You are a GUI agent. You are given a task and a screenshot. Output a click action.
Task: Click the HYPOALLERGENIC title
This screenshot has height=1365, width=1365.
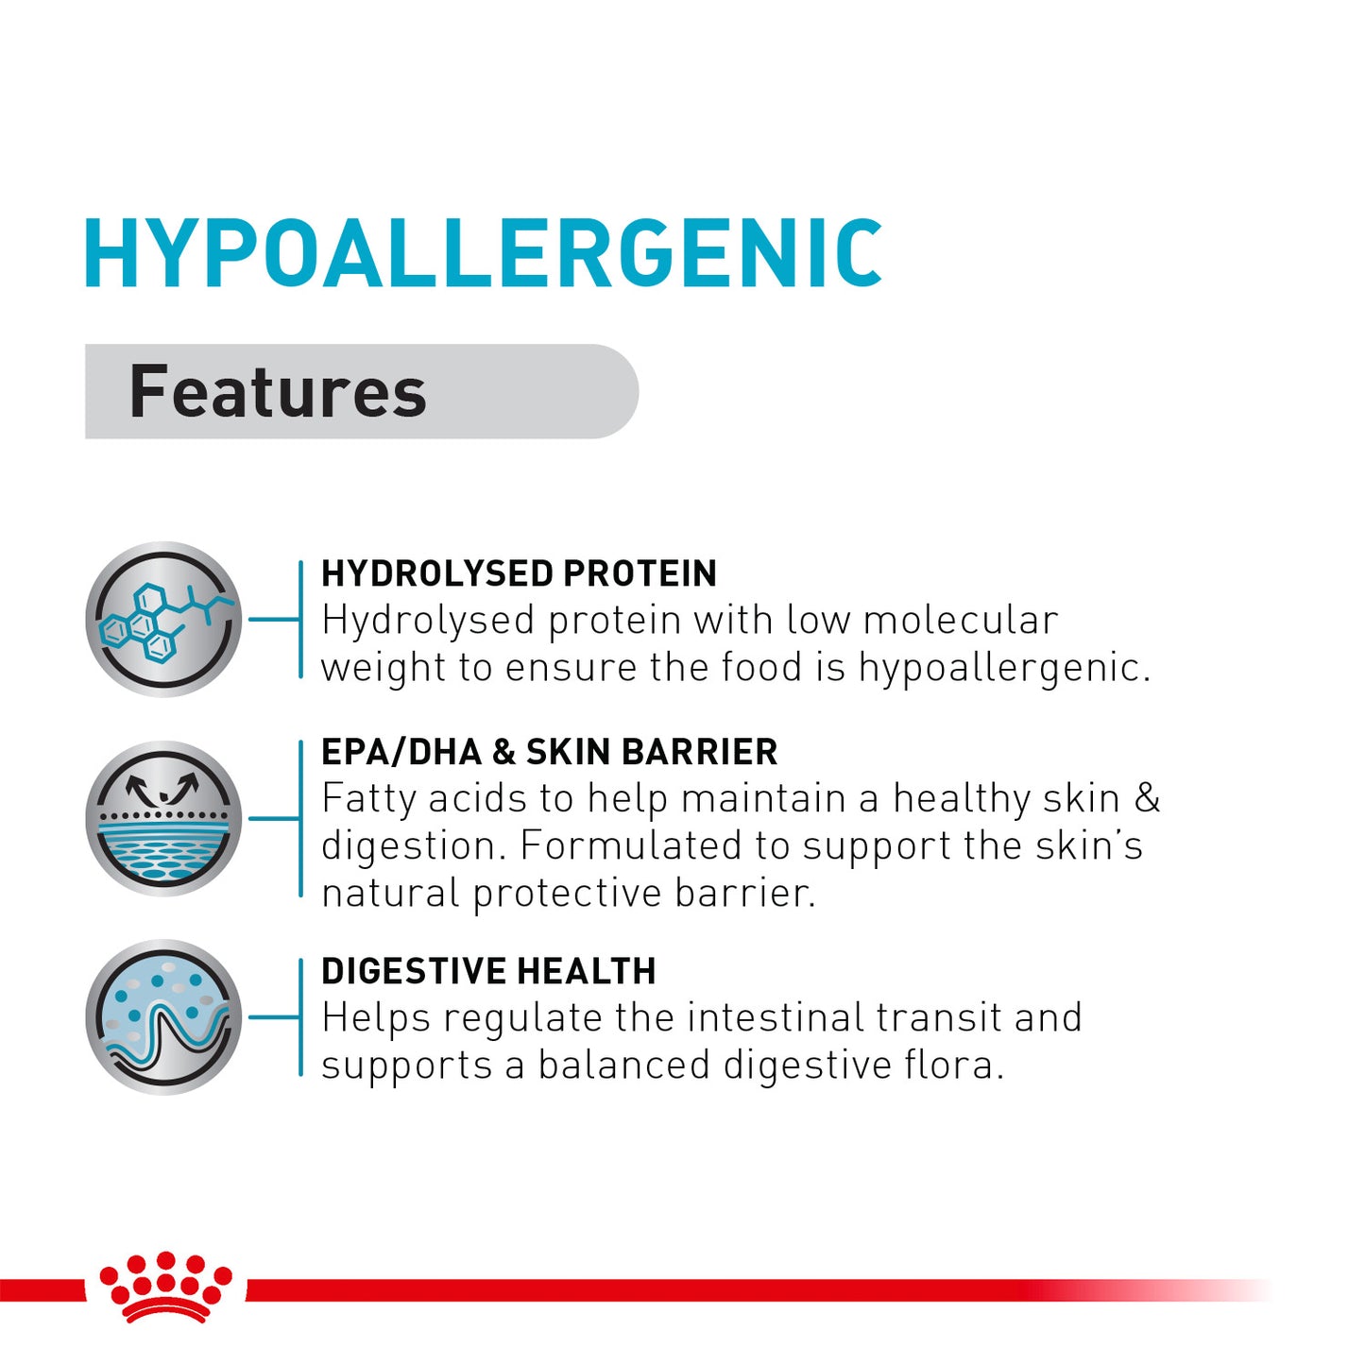click(x=483, y=253)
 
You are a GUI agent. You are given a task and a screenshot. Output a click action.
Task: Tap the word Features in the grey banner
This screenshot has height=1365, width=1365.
click(x=278, y=392)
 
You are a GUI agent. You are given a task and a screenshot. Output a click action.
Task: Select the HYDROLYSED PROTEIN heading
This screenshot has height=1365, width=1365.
click(x=519, y=573)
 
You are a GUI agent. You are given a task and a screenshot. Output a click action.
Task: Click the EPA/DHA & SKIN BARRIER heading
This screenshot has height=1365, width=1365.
click(x=549, y=752)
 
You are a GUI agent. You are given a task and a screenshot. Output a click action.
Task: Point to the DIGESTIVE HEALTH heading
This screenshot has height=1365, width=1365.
click(x=488, y=971)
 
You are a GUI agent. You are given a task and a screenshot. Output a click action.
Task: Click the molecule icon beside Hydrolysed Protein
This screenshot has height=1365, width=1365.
click(x=163, y=620)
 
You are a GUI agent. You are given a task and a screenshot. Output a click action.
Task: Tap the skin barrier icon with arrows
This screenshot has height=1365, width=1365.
click(x=163, y=818)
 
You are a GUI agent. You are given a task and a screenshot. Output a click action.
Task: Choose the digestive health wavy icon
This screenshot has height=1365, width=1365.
click(x=163, y=1017)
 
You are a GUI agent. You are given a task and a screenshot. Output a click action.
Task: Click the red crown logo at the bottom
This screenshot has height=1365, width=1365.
click(x=166, y=1287)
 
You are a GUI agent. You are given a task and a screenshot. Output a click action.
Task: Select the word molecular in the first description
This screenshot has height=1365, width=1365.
click(x=960, y=621)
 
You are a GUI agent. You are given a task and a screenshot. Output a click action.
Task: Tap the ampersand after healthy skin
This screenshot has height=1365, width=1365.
click(x=1147, y=799)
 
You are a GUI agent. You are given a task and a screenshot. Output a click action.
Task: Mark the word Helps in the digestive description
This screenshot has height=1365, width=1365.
click(x=376, y=1018)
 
